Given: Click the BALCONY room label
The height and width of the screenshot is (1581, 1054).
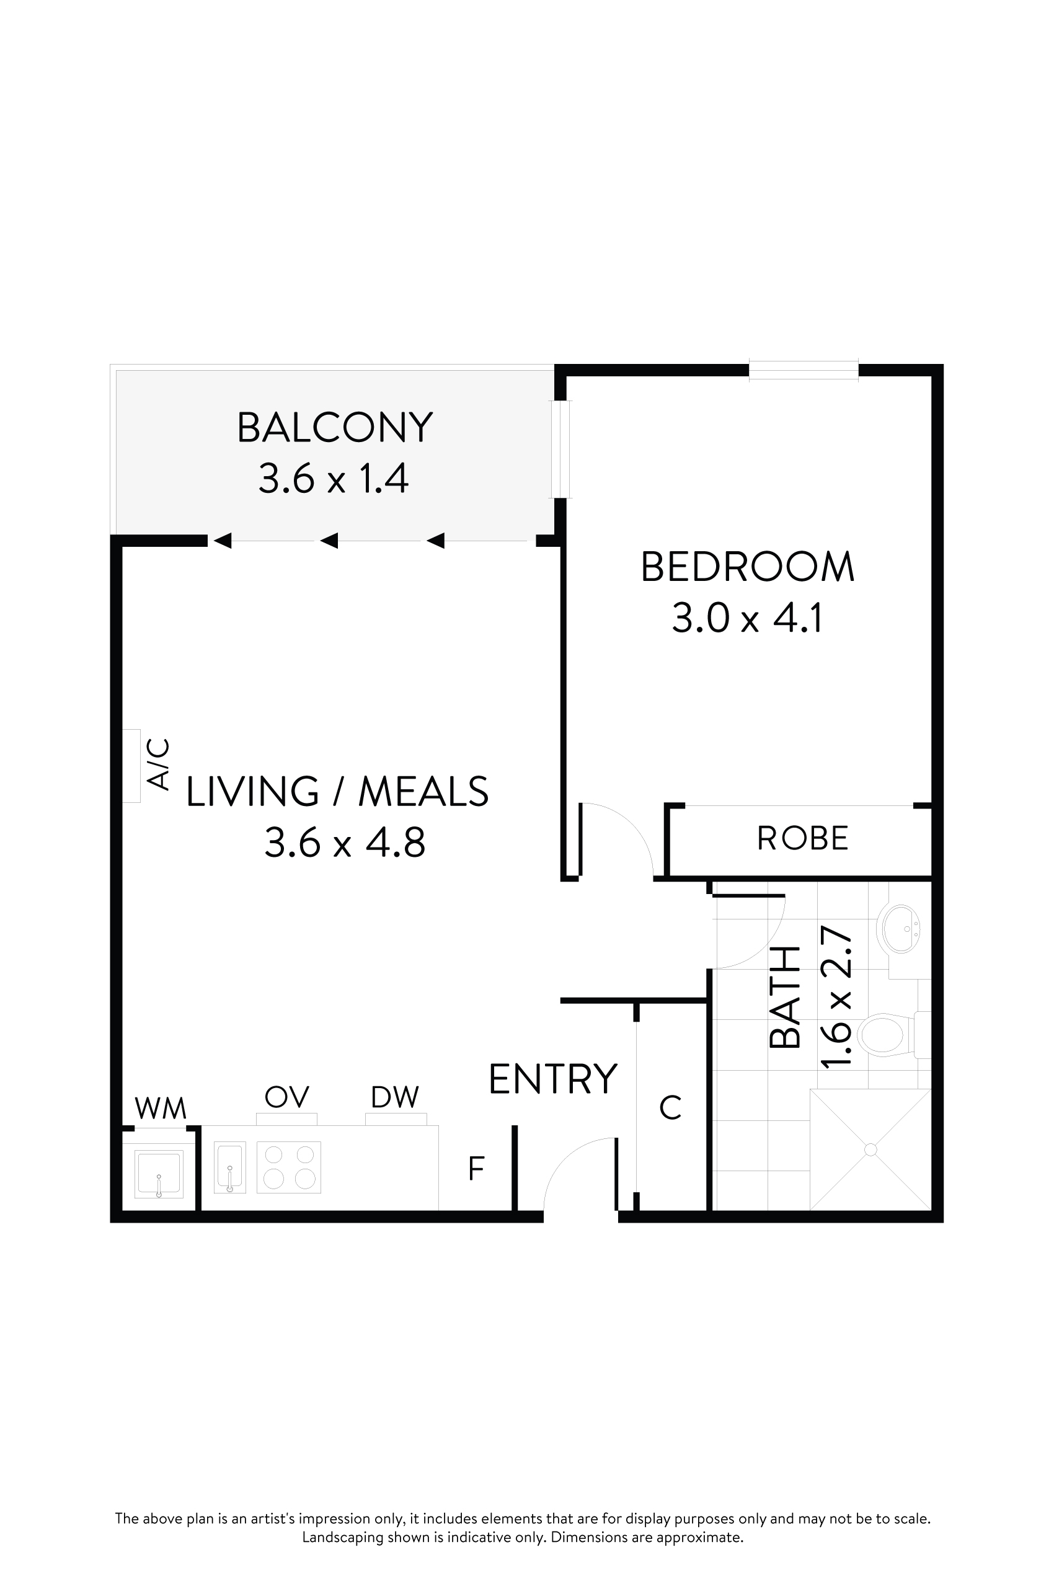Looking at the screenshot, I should pos(334,428).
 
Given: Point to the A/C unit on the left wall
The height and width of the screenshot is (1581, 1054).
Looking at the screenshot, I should pos(131,766).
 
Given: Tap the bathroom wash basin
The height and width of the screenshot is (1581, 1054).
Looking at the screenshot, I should pos(899,929).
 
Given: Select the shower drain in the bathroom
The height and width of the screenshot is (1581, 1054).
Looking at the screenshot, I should pos(870,1149).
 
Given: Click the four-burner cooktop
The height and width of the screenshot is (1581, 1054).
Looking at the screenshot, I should pos(289,1167).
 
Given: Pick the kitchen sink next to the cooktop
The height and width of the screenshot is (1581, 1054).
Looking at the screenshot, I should pos(229,1167).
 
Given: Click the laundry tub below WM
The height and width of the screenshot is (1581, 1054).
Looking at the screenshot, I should pos(159,1174).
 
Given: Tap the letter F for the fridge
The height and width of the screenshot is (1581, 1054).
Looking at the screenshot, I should pos(476,1169).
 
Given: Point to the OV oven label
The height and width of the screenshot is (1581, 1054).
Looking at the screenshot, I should pos(286,1097).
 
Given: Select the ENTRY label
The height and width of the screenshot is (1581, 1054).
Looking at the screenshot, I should pos(552,1080).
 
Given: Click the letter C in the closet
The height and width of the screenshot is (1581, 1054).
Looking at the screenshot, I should pos(670,1108).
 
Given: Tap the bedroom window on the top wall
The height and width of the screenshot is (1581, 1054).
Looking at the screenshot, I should pos(804,370).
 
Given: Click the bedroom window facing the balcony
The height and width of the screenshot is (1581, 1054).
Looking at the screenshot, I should pos(560,449).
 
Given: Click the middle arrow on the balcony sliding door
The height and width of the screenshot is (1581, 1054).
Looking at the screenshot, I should pos(329,541).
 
